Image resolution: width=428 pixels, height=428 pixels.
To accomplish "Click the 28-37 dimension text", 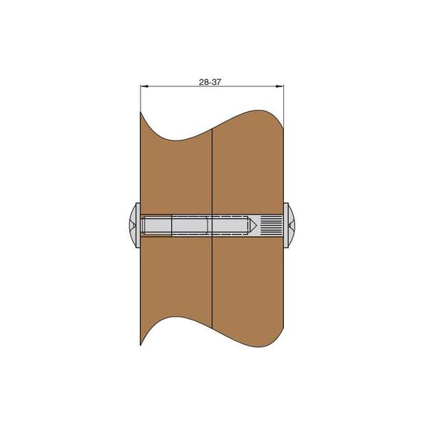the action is [x=210, y=82].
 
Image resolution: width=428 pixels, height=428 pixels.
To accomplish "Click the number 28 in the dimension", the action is [x=203, y=82].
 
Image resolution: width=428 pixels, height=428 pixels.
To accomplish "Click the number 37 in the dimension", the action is [x=216, y=82].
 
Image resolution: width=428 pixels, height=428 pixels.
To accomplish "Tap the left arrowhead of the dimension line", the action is [x=144, y=86].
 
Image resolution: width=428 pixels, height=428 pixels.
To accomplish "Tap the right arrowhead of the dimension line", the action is [x=280, y=86].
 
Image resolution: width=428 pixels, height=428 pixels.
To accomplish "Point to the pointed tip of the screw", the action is [x=256, y=225].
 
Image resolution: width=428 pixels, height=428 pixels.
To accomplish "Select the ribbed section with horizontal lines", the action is [x=271, y=225].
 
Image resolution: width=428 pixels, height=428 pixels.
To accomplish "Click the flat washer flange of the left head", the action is [x=138, y=225].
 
